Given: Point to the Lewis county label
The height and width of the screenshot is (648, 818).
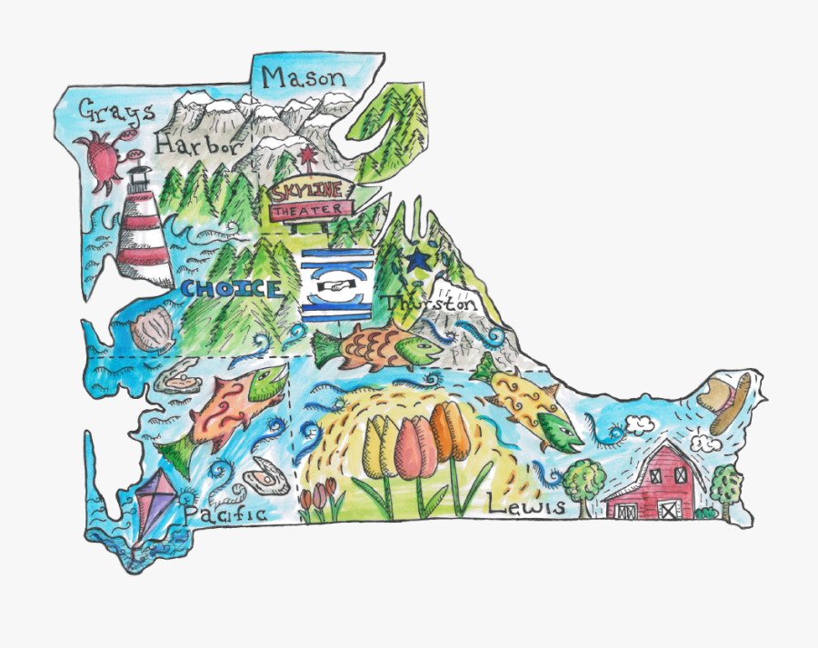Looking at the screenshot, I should (526, 505).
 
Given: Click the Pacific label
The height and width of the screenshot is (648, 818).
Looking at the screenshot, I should (224, 514).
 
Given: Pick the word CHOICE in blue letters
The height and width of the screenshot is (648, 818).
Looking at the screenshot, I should (231, 290).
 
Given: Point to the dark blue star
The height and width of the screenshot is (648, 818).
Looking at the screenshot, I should (418, 261).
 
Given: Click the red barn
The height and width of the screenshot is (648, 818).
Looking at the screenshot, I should (654, 484).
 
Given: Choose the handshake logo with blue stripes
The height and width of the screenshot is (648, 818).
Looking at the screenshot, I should (336, 284).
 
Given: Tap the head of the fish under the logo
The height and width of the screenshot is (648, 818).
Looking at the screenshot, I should (420, 347).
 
